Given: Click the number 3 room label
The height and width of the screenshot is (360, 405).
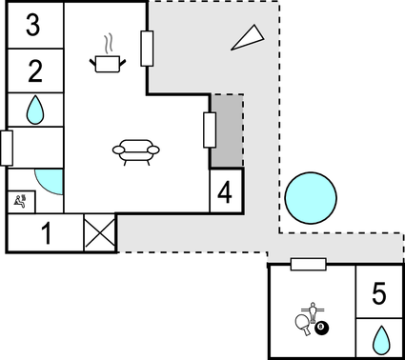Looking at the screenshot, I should coord(33,26).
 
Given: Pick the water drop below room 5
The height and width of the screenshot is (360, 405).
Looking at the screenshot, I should coord(380,338).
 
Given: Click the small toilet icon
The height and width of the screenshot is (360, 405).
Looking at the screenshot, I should coord(22,200).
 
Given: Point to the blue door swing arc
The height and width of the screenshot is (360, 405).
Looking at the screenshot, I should coord(48,182).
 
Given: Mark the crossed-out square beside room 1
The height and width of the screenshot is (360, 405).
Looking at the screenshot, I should coord(99,232).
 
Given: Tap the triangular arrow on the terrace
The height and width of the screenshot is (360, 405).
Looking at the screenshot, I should coord(246,38).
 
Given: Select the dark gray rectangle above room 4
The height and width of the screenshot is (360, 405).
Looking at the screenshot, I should coord(227,131).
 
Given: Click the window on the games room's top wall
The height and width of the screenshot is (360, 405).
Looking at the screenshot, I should coord(309,264).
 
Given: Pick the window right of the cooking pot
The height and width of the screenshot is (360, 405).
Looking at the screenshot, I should coord(147,49).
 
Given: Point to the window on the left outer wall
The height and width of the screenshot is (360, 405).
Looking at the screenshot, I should coord(6,149).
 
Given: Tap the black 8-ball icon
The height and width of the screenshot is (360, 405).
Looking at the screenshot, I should coord(321,329).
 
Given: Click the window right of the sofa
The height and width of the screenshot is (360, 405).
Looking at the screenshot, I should coord(209,130).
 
